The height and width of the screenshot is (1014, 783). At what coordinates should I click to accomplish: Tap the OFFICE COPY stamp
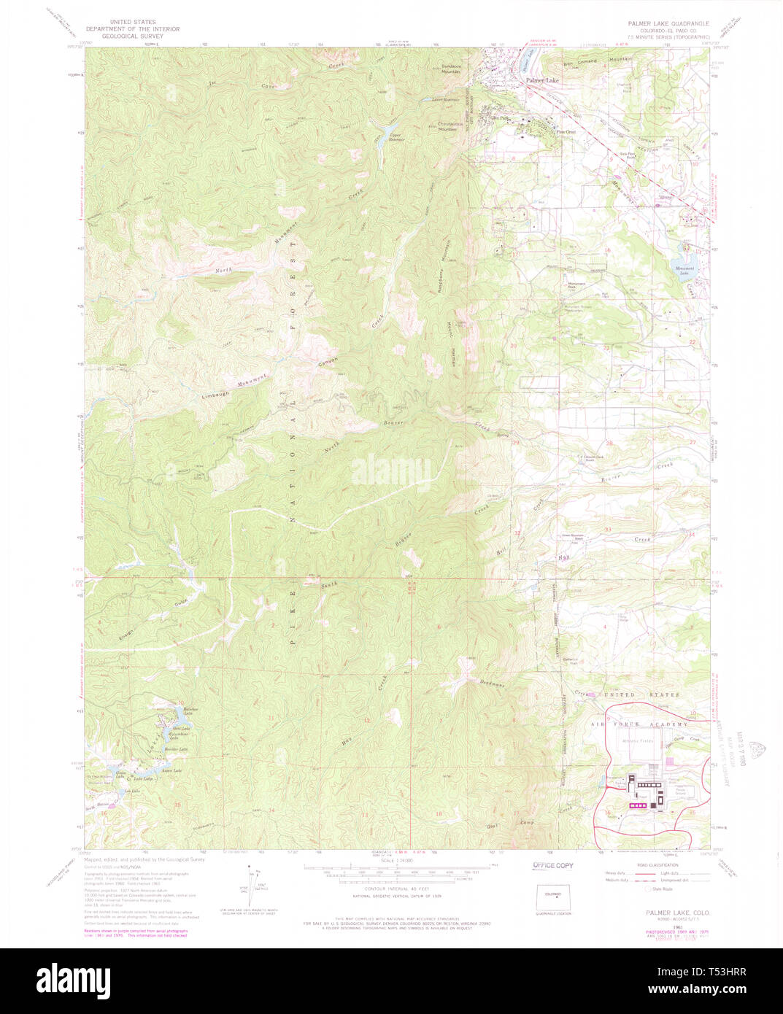(x=552, y=865)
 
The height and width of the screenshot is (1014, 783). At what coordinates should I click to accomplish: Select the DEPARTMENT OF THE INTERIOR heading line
(x=132, y=29)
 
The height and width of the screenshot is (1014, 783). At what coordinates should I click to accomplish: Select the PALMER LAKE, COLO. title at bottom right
(x=678, y=913)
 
